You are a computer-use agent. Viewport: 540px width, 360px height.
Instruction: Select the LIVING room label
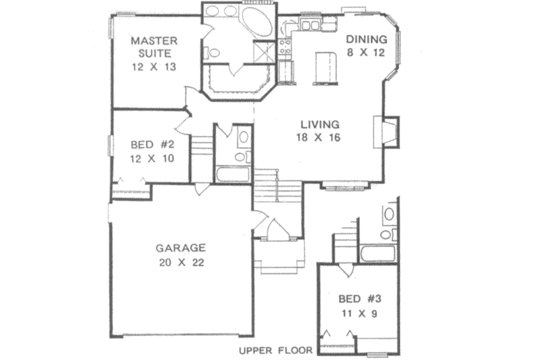tap(319, 124)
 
